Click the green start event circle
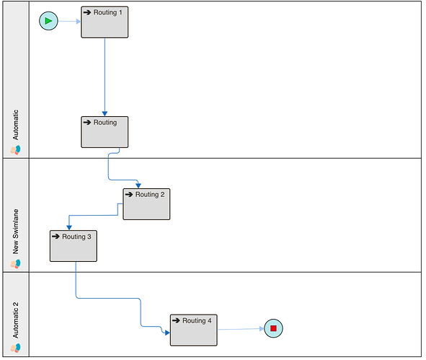pos(48,21)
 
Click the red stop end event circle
pos(273,328)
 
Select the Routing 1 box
pos(105,22)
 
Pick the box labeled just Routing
pos(105,132)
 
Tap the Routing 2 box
pos(146,204)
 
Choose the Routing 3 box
pos(74,246)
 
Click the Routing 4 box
pos(194,330)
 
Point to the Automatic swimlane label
pos(16,125)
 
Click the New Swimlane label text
pos(16,232)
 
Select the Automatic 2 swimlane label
pos(16,320)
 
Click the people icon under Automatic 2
pos(15,348)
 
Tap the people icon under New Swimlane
pos(15,264)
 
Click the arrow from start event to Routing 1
pos(70,21)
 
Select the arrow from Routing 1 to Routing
pos(105,77)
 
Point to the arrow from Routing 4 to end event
pos(241,329)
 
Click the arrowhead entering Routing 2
pos(138,185)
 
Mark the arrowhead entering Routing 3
pos(69,227)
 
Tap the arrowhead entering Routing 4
pos(167,333)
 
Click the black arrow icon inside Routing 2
pos(129,194)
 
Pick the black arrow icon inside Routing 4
pos(176,320)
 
